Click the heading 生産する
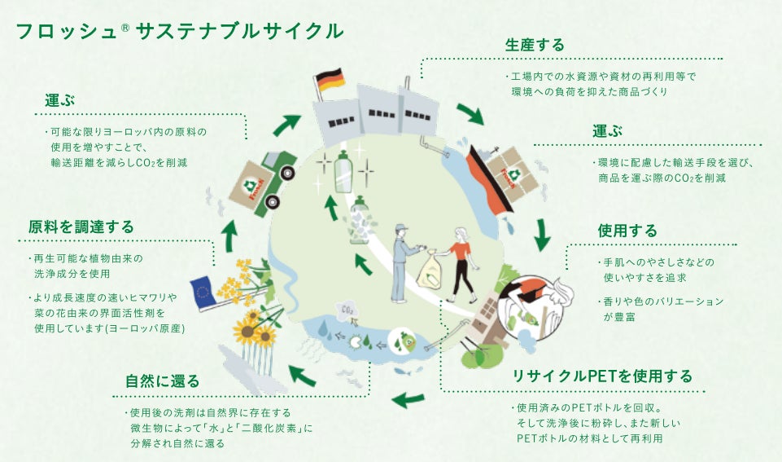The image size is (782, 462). [x=535, y=44]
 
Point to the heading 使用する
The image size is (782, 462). [x=627, y=231]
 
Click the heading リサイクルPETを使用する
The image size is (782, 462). [x=601, y=376]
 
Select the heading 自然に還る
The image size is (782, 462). [x=162, y=381]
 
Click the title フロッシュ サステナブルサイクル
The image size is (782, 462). [x=178, y=31]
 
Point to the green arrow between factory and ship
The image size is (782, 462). [x=470, y=113]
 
